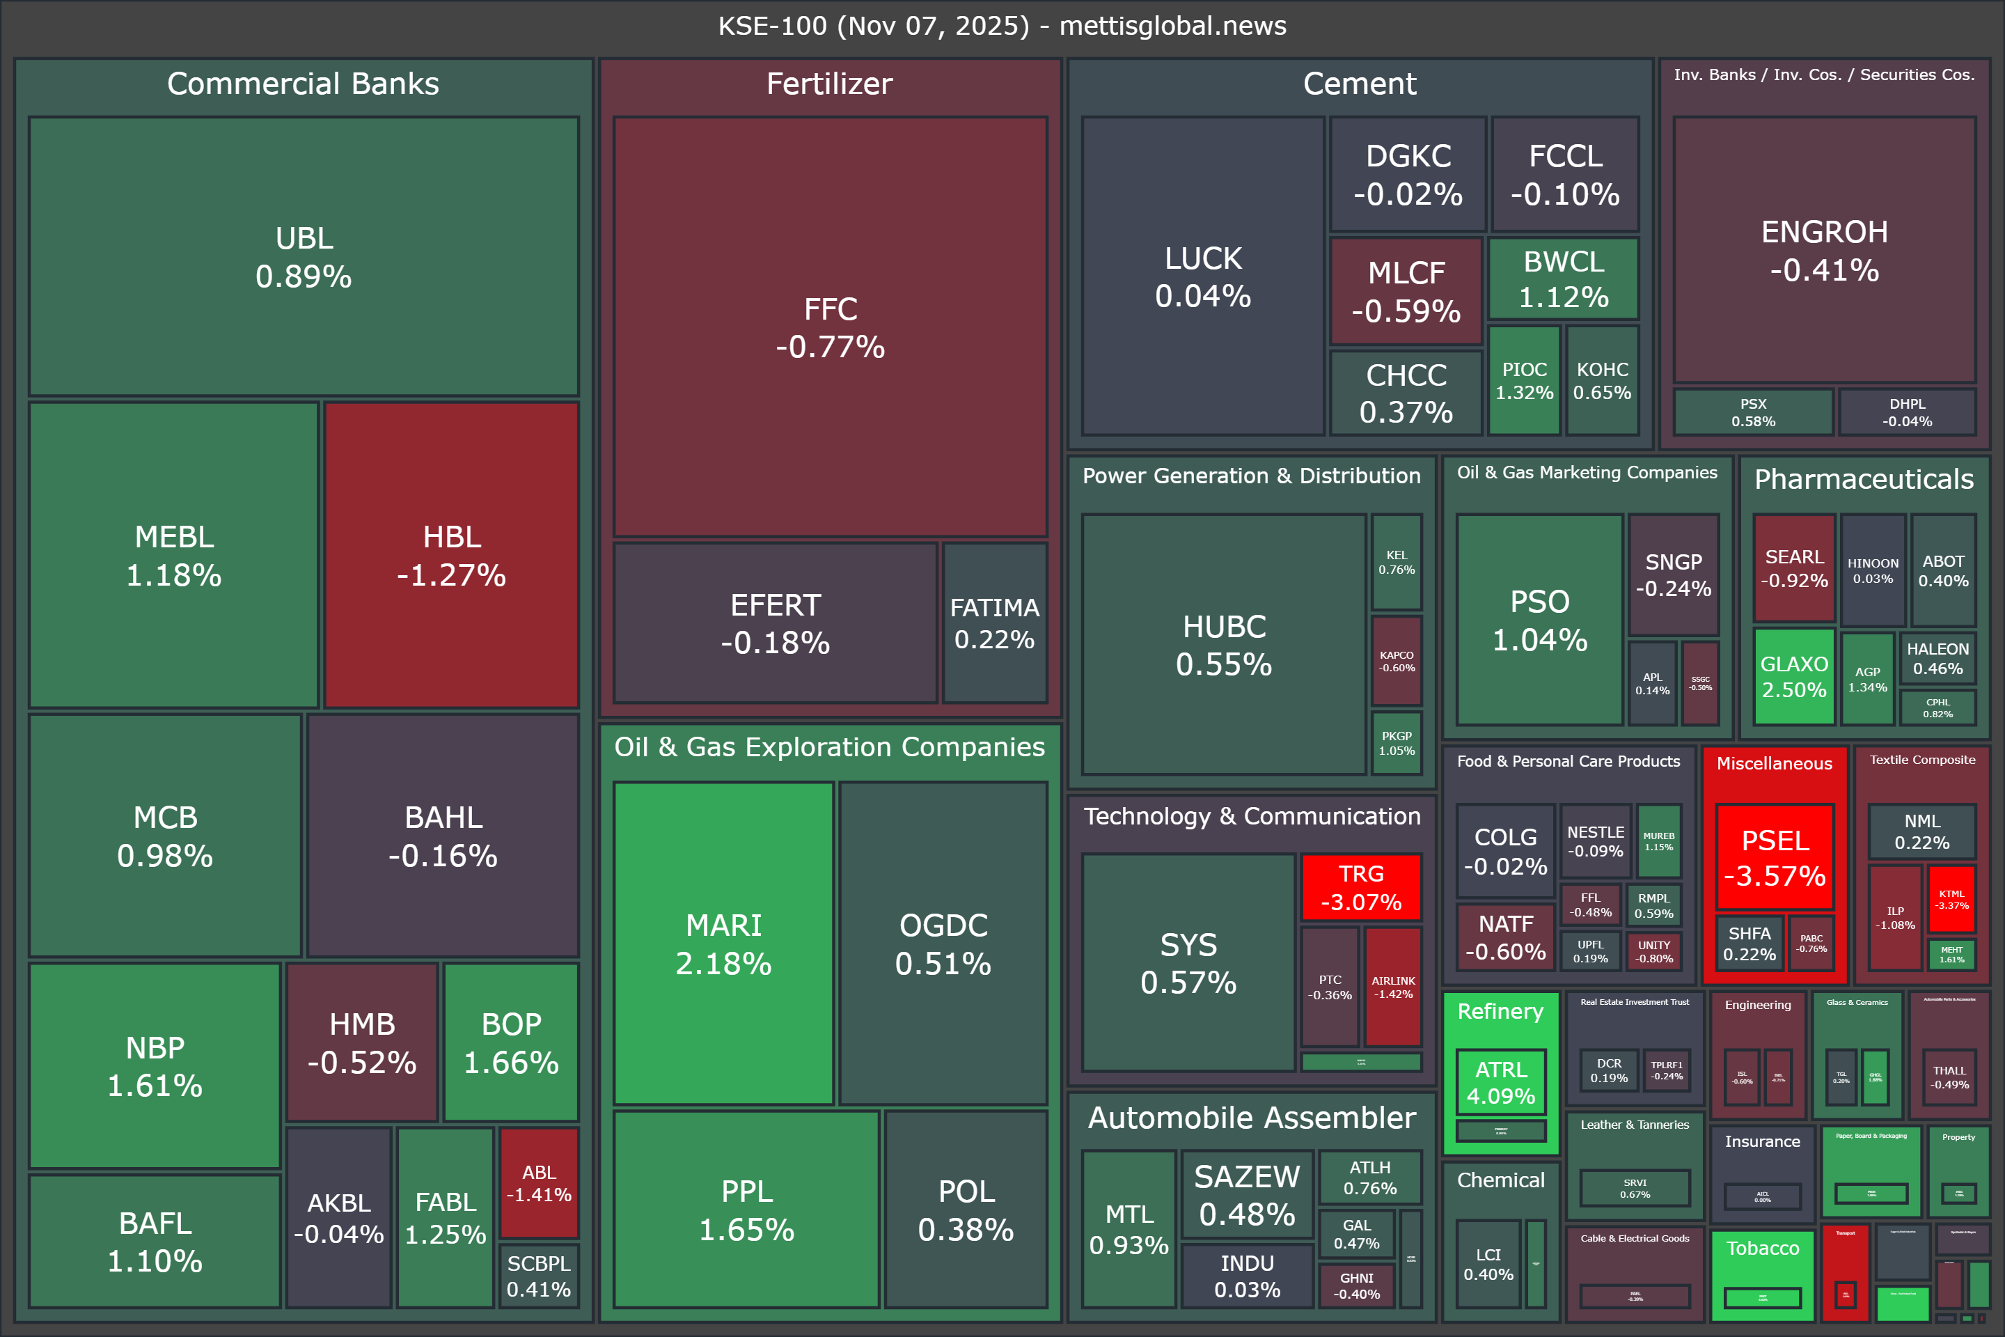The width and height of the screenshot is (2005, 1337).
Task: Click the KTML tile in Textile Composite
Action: tap(1951, 900)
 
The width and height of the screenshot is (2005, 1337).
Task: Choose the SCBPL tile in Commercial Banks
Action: tap(539, 1276)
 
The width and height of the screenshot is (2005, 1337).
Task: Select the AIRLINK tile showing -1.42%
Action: tap(1393, 987)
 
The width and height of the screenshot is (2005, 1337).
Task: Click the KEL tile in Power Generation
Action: tap(1397, 562)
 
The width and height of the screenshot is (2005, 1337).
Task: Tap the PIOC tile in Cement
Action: tap(1524, 380)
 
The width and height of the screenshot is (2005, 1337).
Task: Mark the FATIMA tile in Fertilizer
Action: tap(994, 623)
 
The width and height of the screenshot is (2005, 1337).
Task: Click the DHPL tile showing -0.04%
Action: tap(1907, 412)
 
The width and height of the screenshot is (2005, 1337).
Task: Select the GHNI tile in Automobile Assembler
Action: tap(1356, 1285)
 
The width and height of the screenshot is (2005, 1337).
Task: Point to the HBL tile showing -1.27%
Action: tap(452, 555)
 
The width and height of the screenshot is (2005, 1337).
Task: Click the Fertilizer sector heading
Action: tap(829, 84)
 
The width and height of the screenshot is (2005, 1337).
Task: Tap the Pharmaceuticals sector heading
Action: tap(1864, 479)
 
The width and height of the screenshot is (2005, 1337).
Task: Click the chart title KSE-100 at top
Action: tap(1002, 26)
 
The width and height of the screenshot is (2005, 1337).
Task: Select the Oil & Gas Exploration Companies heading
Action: tap(829, 747)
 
